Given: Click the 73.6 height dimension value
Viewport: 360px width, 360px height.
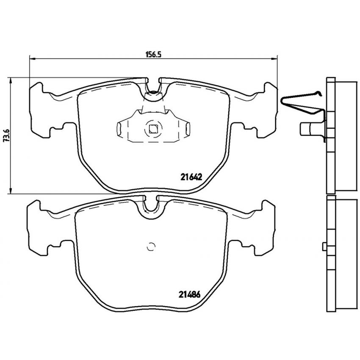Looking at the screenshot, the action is coord(6,136).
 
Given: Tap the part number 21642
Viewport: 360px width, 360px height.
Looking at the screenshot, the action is coord(191,177).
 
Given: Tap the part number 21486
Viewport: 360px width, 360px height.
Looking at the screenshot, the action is coord(190,294).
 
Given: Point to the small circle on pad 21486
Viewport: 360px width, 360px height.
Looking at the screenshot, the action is coord(151,247).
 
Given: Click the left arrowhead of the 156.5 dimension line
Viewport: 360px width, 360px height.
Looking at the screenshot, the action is coord(32,59).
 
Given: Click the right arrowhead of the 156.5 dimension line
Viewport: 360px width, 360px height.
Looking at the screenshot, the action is coord(274,59).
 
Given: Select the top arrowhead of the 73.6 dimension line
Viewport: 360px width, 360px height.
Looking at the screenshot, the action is coord(10,80).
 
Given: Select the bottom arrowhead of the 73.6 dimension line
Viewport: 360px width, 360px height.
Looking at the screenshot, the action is coord(10,191).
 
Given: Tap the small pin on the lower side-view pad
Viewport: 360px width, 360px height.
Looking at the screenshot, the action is coord(324,247).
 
